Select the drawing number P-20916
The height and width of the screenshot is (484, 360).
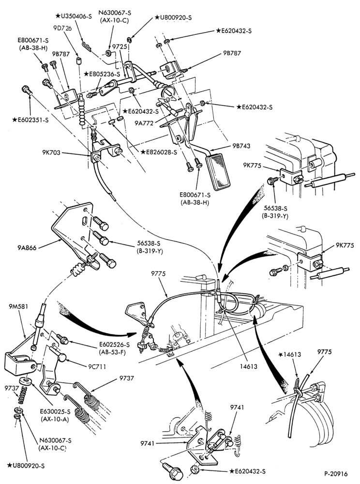click(336, 474)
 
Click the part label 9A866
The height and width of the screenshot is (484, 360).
click(27, 247)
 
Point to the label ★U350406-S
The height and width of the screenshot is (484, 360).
click(74, 16)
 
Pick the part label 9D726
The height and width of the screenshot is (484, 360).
click(62, 28)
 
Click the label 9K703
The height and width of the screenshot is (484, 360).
click(51, 152)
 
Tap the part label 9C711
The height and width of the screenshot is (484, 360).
click(97, 366)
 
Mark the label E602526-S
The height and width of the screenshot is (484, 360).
click(114, 345)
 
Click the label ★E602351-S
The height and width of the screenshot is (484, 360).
click(30, 120)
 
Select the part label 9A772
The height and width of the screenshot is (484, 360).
click(144, 123)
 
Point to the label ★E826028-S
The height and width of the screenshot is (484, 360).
click(159, 152)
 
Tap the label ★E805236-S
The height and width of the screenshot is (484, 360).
click(102, 74)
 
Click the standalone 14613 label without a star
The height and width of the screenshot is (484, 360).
click(248, 366)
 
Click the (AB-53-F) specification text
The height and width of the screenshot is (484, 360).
click(114, 352)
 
